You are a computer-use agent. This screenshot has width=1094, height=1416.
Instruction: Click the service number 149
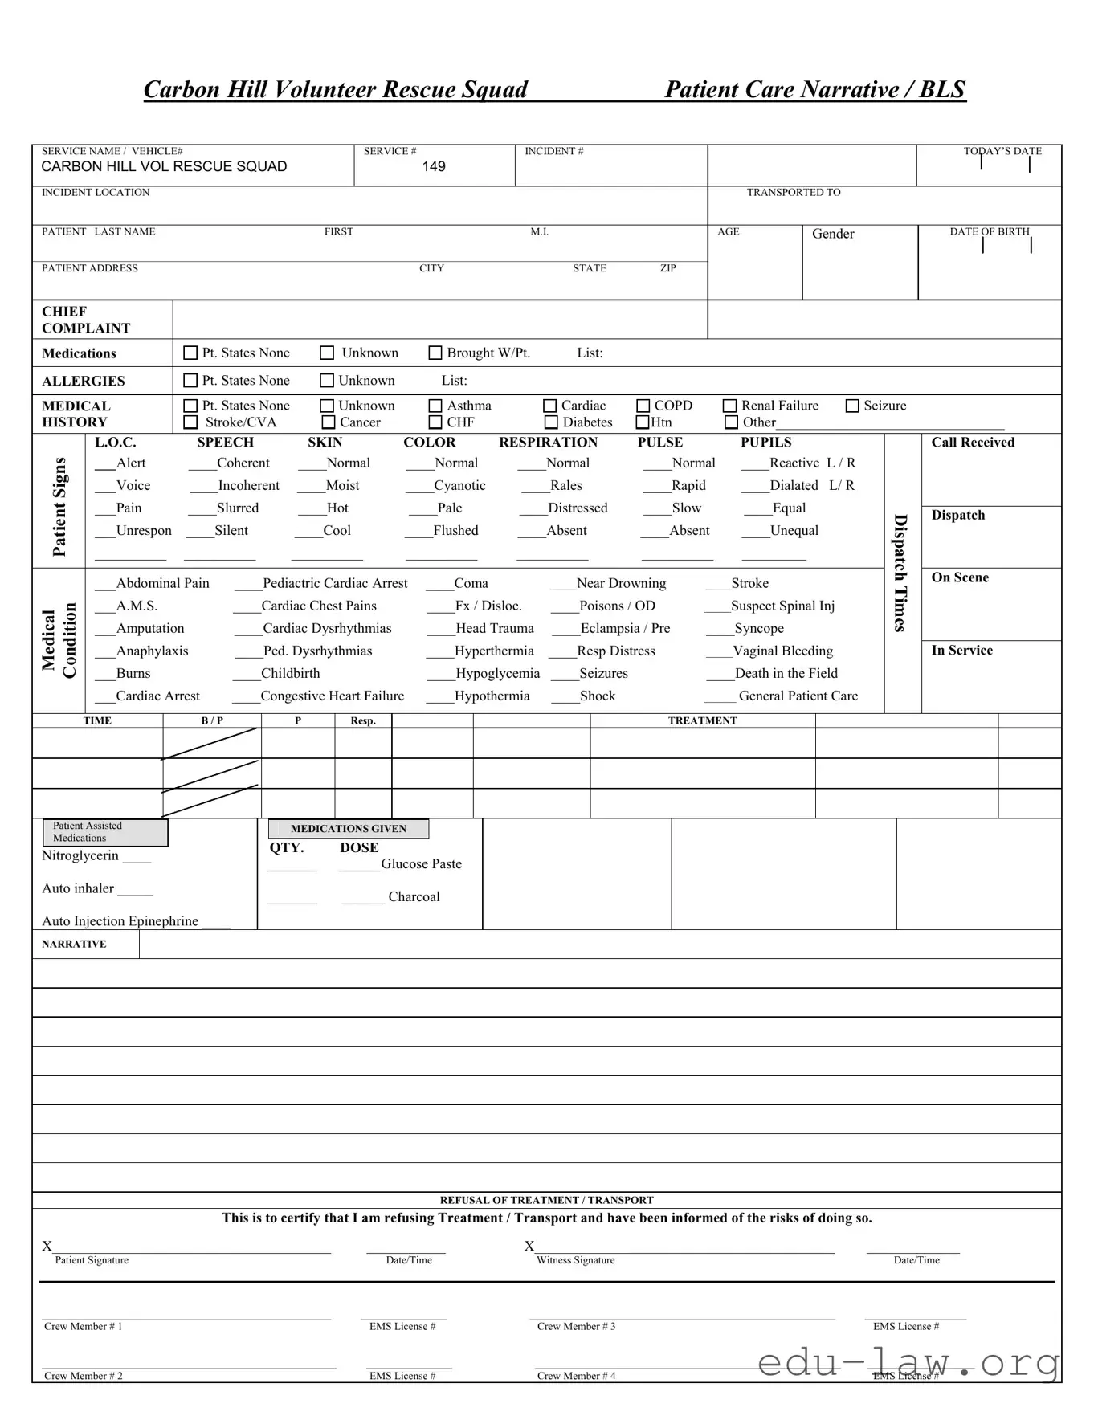point(434,166)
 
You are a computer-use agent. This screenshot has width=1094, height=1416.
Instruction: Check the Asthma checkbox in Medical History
point(435,406)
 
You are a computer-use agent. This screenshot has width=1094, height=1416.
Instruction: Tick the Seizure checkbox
point(852,406)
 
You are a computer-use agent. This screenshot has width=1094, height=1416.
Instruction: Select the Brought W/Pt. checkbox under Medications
point(435,353)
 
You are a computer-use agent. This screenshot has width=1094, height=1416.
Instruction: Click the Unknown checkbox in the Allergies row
point(327,381)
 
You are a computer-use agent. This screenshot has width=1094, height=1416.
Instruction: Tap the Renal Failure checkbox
point(730,406)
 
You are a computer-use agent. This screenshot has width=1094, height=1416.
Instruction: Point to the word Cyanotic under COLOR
point(459,485)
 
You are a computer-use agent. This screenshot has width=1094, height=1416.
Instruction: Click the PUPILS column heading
point(765,442)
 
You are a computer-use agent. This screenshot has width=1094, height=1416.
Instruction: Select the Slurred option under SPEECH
point(238,508)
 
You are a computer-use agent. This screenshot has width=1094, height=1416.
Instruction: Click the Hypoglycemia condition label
point(497,673)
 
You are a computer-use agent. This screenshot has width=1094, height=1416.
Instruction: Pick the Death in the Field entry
point(786,673)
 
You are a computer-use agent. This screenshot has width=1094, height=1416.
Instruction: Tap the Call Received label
point(973,442)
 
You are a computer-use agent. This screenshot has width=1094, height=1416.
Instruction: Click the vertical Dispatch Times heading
point(901,573)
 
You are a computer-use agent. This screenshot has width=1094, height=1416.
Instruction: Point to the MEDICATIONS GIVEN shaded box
point(348,828)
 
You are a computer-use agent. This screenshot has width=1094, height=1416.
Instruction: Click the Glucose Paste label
point(421,863)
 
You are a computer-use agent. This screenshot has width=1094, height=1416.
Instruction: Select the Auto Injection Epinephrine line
point(120,920)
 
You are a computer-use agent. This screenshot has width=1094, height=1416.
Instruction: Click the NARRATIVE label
point(74,944)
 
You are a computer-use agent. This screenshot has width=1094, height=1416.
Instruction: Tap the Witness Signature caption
point(575,1260)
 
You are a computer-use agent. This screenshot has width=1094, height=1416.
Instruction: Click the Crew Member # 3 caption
point(576,1326)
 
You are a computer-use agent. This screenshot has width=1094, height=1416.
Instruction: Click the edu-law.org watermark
point(908,1363)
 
